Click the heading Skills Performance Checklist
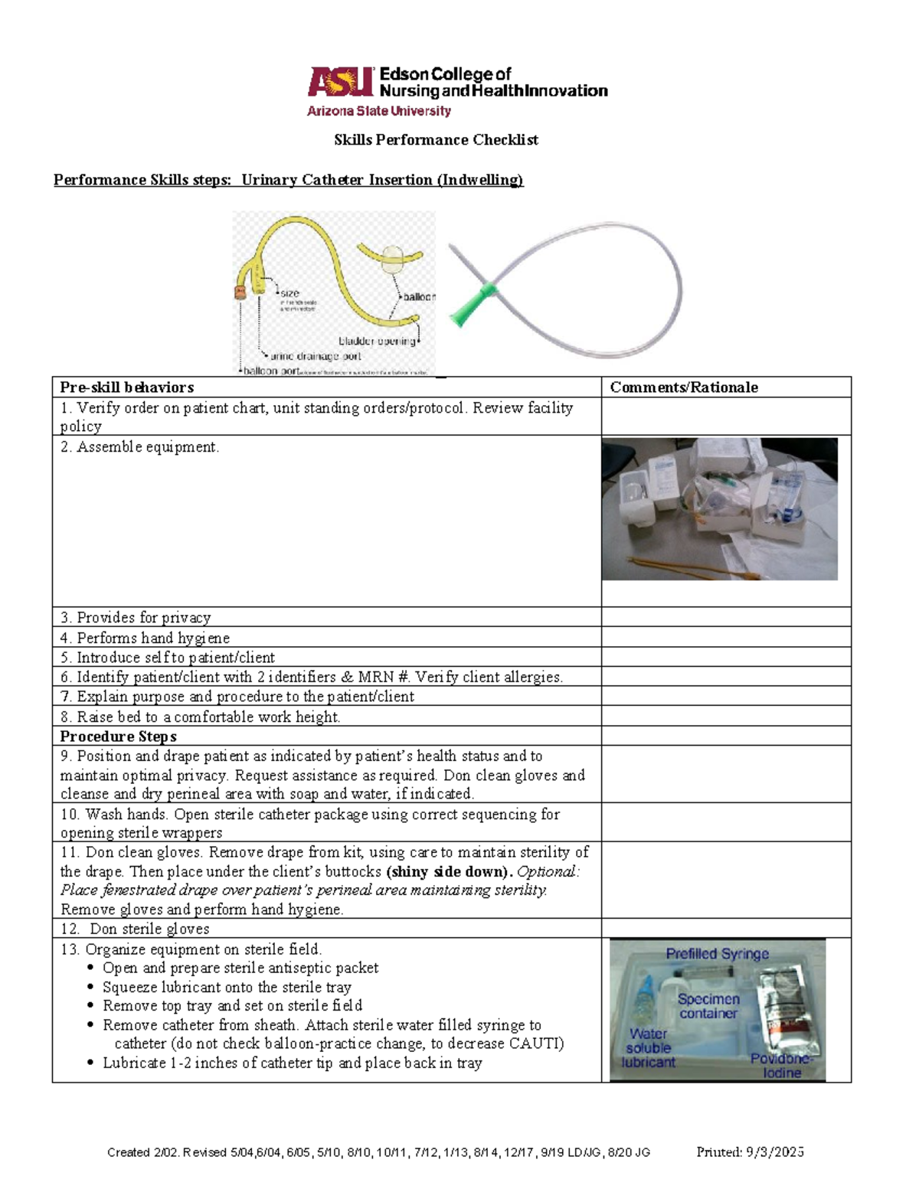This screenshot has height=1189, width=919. (436, 140)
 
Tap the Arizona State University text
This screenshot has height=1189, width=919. (379, 111)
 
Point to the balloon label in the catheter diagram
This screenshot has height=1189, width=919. (419, 297)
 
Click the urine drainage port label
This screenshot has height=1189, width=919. (316, 356)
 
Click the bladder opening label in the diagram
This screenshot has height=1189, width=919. (377, 341)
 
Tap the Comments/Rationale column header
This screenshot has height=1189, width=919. (684, 387)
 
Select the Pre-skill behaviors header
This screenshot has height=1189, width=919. (127, 387)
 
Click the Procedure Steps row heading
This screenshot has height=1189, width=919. (119, 737)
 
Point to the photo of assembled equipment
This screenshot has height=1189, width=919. (719, 509)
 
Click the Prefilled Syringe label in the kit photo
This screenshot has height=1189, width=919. (717, 954)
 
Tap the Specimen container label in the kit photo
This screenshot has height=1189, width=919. (708, 1006)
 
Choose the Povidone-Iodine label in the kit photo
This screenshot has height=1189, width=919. (781, 1066)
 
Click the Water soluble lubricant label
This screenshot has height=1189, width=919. (648, 1048)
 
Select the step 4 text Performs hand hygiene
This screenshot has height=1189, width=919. (145, 638)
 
